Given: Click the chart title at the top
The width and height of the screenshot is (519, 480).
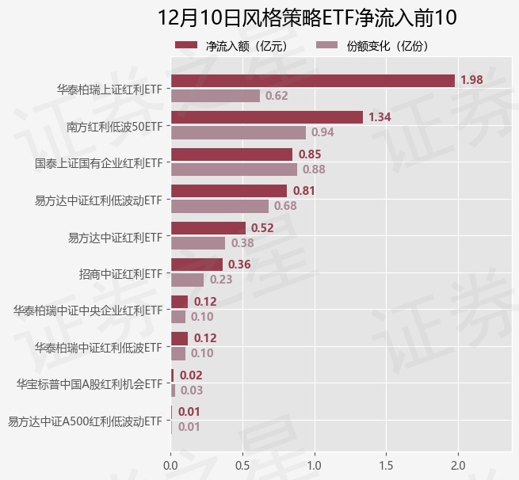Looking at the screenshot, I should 307,17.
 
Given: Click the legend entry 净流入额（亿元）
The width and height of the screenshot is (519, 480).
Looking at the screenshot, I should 230,46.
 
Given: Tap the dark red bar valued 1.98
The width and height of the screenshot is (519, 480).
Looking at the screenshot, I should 313,81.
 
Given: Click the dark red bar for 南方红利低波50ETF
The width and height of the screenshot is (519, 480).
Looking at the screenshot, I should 267,117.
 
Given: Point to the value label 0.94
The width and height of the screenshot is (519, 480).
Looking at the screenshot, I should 322,132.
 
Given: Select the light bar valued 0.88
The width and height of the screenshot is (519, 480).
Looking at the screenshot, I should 234,170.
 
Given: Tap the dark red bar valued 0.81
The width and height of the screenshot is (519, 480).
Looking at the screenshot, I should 229,191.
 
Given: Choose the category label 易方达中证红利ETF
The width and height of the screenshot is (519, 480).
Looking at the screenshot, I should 115,236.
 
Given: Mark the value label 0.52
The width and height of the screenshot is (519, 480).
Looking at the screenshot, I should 262,228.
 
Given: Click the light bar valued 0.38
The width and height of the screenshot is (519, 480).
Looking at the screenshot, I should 198,243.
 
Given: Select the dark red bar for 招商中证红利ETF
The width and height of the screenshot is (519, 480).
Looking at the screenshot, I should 197,265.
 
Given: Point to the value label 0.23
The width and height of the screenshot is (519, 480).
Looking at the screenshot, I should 221,280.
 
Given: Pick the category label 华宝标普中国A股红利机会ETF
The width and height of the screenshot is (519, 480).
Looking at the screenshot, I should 90,384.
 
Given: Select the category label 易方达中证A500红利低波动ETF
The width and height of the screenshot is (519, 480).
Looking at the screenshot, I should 85,421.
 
